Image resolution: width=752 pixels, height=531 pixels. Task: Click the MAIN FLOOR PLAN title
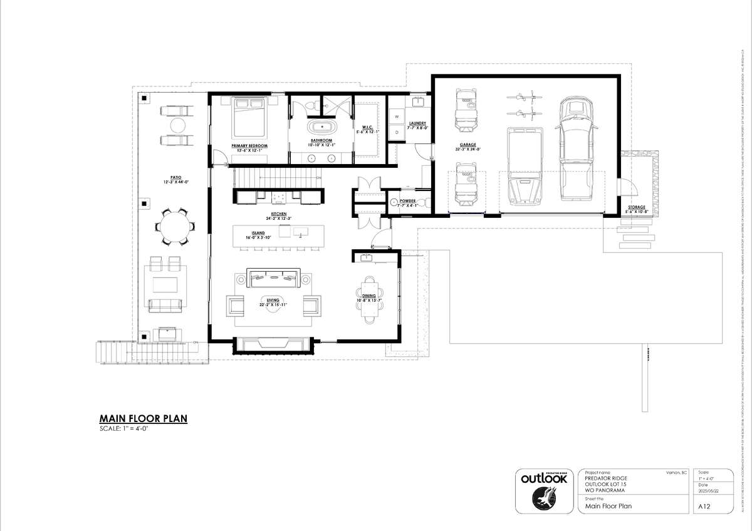tap(144, 418)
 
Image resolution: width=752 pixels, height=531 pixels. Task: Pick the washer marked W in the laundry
tap(396, 116)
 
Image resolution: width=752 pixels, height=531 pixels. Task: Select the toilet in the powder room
tap(422, 202)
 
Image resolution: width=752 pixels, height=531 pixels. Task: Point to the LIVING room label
tap(273, 302)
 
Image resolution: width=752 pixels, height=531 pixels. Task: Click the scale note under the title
tap(123, 429)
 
